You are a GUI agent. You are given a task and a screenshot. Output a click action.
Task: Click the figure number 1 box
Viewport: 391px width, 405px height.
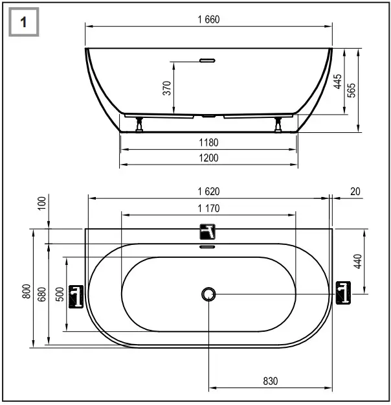(23, 23)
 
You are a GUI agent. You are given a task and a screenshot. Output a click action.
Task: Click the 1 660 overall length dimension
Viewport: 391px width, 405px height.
(208, 19)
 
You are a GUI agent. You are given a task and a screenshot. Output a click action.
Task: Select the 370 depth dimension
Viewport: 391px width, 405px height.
(166, 89)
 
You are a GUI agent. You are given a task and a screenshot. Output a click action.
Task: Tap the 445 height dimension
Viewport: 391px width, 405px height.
(338, 81)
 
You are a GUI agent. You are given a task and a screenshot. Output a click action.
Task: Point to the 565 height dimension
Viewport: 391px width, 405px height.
(352, 90)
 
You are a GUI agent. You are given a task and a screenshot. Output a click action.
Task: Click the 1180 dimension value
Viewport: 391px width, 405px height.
(208, 143)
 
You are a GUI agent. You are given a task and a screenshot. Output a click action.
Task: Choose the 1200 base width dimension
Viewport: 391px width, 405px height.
(208, 157)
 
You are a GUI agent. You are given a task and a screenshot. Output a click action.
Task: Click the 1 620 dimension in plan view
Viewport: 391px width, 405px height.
(208, 191)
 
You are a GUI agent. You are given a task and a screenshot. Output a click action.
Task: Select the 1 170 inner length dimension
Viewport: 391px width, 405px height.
(208, 208)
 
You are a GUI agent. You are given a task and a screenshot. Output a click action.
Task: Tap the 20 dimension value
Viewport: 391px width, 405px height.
(355, 191)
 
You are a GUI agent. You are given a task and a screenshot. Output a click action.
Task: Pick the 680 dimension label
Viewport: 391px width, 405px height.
(41, 294)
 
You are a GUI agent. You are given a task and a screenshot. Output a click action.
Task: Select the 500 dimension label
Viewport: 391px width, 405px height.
(60, 294)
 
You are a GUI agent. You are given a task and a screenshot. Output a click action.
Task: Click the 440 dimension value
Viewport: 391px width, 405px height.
(357, 261)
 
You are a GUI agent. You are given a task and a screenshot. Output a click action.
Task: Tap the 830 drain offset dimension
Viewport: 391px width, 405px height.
(270, 382)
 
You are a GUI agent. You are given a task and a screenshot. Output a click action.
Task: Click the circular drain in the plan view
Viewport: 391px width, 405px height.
(208, 294)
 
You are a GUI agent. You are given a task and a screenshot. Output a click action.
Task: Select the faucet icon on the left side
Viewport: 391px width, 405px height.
(76, 296)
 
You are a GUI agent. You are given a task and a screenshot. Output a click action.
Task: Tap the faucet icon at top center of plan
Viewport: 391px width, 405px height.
(208, 231)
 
